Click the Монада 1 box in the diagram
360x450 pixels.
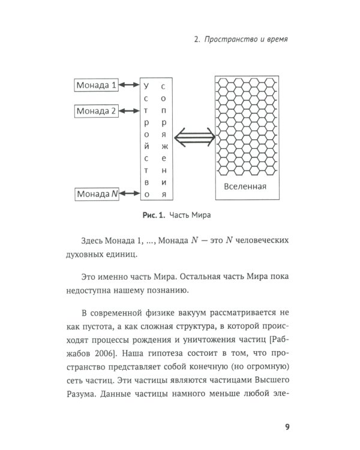96,85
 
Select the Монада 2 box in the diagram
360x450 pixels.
96,111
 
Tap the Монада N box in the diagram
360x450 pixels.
96,194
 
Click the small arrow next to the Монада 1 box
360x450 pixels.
128,85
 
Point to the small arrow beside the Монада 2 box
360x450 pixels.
128,111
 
